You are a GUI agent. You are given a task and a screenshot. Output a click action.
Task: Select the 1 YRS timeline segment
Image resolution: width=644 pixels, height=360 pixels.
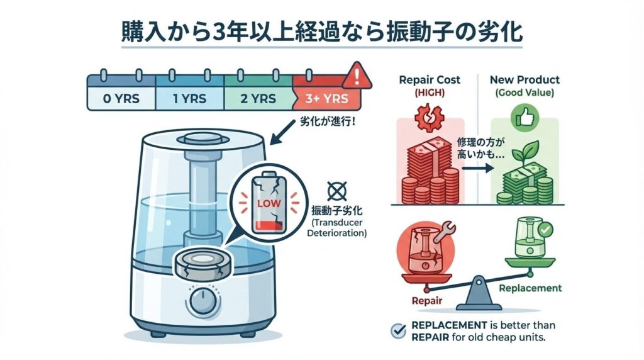click(x=189, y=99)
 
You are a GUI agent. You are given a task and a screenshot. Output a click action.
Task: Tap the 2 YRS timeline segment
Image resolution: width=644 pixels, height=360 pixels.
click(x=258, y=99)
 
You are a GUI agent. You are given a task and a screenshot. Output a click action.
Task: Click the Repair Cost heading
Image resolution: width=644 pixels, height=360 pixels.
click(x=430, y=80)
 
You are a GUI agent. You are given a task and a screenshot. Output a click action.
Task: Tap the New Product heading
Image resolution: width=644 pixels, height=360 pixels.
click(x=523, y=80)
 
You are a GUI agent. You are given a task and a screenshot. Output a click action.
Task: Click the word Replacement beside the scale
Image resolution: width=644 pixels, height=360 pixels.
click(x=530, y=288)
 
